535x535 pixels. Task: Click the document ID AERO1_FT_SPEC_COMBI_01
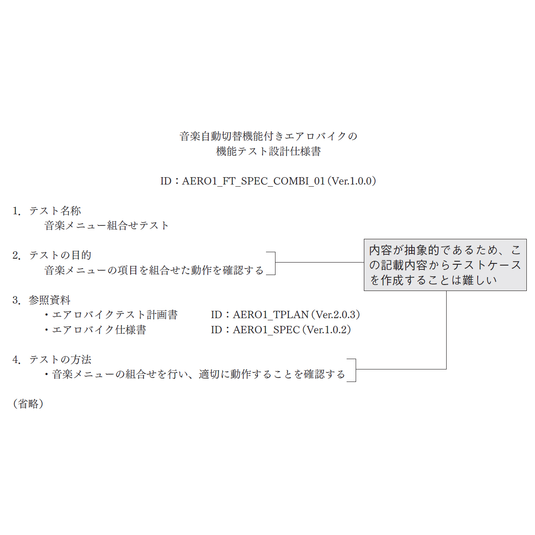[253, 181]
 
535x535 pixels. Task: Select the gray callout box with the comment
[445, 265]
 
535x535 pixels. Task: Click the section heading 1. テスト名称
[47, 211]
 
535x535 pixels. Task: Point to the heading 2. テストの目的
[52, 255]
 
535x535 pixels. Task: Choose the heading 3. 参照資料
[41, 300]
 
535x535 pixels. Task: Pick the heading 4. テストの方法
[52, 360]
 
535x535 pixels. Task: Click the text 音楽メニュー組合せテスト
[106, 225]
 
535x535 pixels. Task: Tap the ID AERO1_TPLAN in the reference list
[270, 315]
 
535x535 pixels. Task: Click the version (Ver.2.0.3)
[336, 315]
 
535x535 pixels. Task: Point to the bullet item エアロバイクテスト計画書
[111, 315]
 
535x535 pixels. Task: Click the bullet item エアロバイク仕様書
[95, 330]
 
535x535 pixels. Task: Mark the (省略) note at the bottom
[28, 404]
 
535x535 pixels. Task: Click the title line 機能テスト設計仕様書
[268, 151]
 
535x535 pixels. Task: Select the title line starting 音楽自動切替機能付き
[268, 136]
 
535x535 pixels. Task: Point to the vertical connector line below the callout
[446, 330]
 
